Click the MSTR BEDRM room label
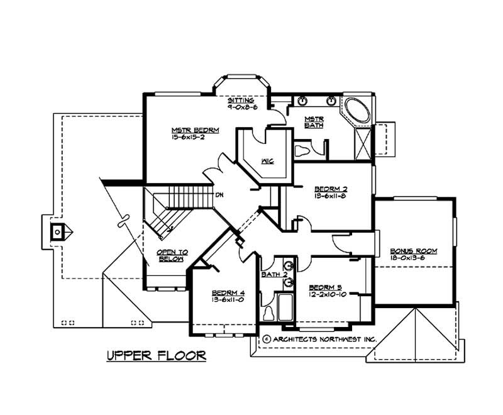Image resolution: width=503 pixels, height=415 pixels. [x=195, y=131]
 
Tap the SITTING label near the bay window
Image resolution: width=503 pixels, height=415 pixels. [x=241, y=101]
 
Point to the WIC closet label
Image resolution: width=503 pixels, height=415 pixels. [x=267, y=162]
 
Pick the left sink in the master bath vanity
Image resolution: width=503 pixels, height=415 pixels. [x=302, y=101]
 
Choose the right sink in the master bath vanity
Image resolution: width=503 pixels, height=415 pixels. [x=331, y=101]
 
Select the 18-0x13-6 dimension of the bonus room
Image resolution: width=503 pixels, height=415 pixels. [x=413, y=258]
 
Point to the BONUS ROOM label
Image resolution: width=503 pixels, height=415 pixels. [x=413, y=251]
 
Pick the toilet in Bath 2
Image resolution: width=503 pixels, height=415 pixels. [x=268, y=312]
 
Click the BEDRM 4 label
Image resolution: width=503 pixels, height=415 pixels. [x=224, y=293]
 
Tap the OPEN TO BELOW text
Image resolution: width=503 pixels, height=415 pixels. [x=170, y=255]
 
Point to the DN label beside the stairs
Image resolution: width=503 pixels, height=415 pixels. [x=219, y=195]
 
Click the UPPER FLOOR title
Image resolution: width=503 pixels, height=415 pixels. [x=155, y=356]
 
